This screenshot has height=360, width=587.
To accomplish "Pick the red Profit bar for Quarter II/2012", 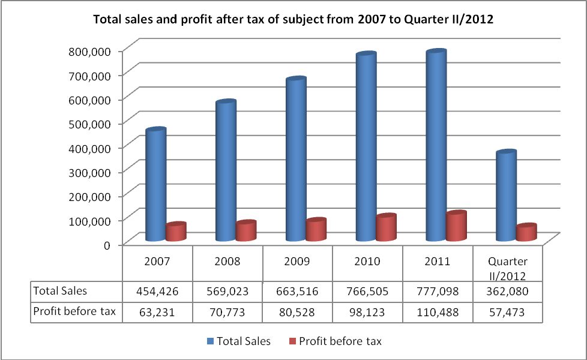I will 526,233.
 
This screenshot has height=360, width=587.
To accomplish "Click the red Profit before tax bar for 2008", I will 246,232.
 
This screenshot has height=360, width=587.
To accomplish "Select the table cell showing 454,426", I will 157,292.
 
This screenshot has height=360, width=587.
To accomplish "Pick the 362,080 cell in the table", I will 508,292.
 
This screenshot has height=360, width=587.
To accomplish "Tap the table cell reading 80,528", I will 298,311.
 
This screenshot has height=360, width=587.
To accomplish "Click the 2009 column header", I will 298,262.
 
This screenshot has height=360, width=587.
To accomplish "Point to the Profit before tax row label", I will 74,311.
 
